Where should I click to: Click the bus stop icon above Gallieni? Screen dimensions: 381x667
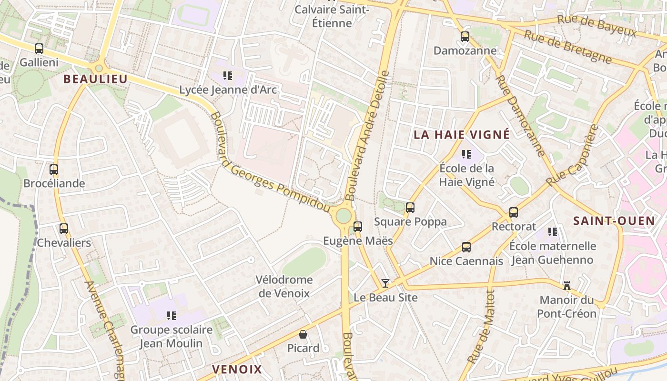click(39, 48)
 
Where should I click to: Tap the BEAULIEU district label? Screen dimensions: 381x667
click(96, 79)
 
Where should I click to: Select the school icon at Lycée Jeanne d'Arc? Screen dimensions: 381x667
click(228, 75)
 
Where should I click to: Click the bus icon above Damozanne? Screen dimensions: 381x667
click(465, 36)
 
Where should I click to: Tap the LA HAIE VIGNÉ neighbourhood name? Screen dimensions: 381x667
click(462, 135)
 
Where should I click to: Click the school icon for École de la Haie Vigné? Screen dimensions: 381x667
click(466, 154)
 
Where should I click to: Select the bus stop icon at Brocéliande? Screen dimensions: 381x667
click(54, 169)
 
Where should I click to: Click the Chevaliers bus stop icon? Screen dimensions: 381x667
click(64, 229)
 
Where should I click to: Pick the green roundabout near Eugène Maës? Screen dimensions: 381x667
click(344, 216)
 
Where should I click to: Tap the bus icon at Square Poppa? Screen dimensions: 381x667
click(410, 208)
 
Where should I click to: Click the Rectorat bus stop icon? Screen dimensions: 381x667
click(514, 212)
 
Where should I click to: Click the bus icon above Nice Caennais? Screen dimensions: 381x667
click(466, 247)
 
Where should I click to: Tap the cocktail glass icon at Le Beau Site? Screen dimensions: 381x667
click(385, 283)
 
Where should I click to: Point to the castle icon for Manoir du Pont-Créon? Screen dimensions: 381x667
click(567, 286)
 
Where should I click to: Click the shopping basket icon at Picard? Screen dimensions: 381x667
click(303, 334)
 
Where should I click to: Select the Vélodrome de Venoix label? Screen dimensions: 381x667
click(284, 286)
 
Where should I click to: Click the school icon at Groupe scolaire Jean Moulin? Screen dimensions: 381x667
click(172, 315)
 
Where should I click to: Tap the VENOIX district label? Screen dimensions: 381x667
click(237, 369)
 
